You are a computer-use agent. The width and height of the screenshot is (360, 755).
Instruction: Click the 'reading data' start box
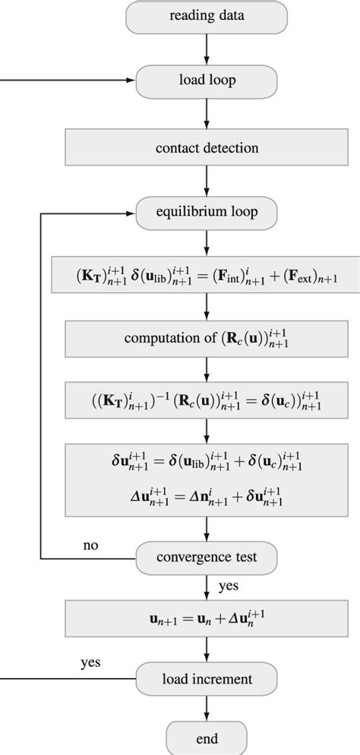click(207, 16)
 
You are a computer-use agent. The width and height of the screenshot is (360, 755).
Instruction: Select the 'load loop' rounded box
click(207, 78)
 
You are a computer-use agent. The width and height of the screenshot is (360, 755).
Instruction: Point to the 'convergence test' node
click(207, 557)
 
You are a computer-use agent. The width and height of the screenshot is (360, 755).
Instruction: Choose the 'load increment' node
click(207, 676)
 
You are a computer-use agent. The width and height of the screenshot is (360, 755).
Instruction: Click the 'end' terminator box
click(207, 738)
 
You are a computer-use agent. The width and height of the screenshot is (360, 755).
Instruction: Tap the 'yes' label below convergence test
click(229, 586)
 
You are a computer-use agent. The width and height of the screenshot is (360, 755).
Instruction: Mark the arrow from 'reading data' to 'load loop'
click(207, 47)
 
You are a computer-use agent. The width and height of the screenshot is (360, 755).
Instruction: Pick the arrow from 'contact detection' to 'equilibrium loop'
click(207, 181)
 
